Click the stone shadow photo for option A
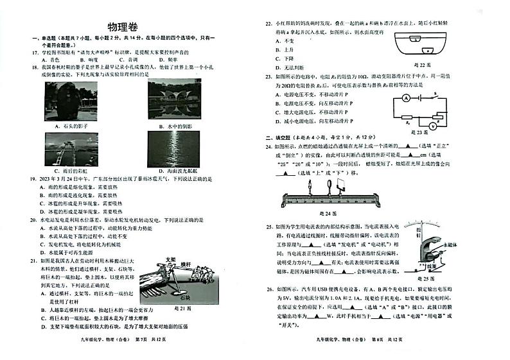click(x=71, y=100)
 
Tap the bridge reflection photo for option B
click(x=174, y=100)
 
